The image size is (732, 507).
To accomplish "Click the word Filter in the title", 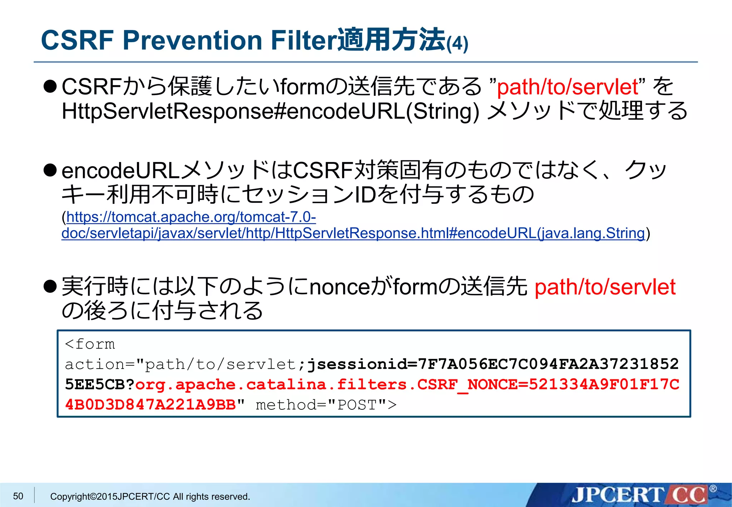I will (x=303, y=40).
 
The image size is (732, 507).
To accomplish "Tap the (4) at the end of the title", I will (x=457, y=44).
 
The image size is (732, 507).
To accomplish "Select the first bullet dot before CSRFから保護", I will (x=50, y=87).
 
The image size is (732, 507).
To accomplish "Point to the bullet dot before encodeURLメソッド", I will (x=50, y=170).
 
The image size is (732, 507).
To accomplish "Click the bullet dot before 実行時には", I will (x=50, y=286).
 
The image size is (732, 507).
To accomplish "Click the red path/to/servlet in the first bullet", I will (x=568, y=87).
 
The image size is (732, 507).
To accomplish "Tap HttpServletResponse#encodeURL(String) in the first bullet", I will (x=270, y=111).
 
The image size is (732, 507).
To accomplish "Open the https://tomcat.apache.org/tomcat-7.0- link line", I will (x=191, y=217).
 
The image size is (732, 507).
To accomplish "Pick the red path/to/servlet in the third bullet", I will (x=605, y=287).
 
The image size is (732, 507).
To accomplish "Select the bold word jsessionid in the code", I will (x=357, y=364).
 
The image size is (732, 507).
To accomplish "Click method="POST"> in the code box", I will (x=326, y=405).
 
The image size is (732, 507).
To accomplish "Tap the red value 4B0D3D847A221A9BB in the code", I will (x=150, y=405).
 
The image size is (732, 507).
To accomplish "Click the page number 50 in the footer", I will (x=18, y=496).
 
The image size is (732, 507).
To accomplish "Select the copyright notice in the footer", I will (x=150, y=497).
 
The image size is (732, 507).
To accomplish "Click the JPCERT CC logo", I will (x=640, y=495).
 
